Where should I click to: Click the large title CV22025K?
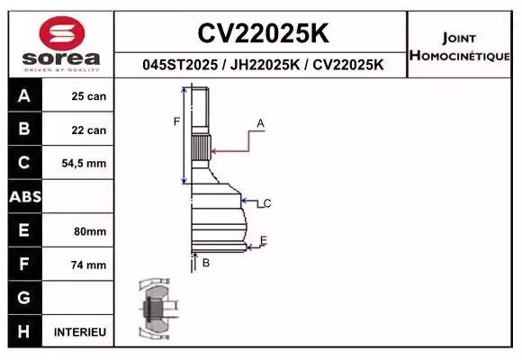click(x=262, y=33)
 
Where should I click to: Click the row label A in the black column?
click(x=23, y=96)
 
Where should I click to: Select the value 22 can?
click(x=89, y=130)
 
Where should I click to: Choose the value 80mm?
click(x=90, y=231)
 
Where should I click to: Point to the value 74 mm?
click(x=89, y=265)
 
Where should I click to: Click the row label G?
click(x=23, y=298)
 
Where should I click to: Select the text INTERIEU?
click(x=80, y=332)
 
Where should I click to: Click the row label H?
click(x=23, y=332)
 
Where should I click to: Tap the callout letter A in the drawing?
click(x=260, y=123)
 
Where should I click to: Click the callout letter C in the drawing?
click(x=267, y=203)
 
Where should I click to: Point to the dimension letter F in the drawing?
click(x=176, y=121)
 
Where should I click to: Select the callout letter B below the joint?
click(x=206, y=263)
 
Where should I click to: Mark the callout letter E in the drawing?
click(x=264, y=239)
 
